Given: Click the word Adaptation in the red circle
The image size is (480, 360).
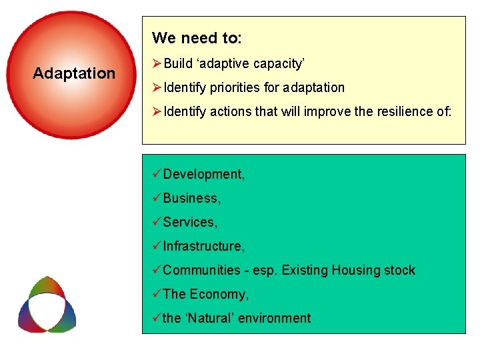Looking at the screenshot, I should [x=74, y=73].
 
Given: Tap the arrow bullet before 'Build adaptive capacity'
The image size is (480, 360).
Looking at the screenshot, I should [x=157, y=64].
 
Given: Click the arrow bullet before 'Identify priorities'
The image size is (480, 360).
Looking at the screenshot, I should [x=157, y=88].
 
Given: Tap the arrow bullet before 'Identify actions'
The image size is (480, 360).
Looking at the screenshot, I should [x=157, y=112].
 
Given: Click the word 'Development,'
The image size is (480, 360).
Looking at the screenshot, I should [x=204, y=175].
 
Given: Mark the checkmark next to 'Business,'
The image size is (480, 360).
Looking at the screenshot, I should [x=157, y=198].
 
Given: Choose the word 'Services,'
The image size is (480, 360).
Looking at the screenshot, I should [x=190, y=223].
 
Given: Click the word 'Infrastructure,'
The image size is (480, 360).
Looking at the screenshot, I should [x=204, y=247].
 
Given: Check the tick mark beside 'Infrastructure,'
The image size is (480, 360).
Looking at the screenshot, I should [x=157, y=246].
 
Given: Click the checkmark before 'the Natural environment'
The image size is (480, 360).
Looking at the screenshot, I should [x=157, y=318].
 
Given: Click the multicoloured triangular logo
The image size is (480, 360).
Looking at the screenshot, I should [x=47, y=305].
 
